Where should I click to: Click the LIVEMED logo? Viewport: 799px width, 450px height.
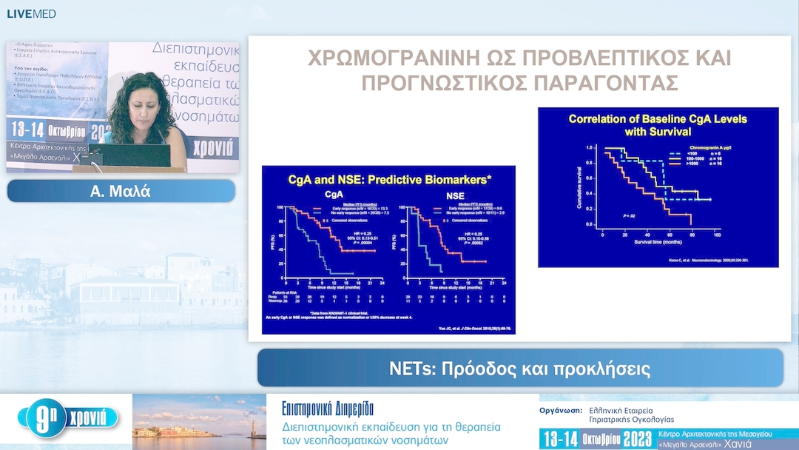(x=31, y=13)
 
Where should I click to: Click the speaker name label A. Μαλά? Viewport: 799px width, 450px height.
(x=121, y=192)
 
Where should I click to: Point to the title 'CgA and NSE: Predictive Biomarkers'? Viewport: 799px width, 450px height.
(x=389, y=178)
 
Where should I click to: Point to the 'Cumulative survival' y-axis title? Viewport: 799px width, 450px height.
(x=581, y=188)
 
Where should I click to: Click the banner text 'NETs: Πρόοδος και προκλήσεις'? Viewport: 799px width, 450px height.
(x=519, y=369)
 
